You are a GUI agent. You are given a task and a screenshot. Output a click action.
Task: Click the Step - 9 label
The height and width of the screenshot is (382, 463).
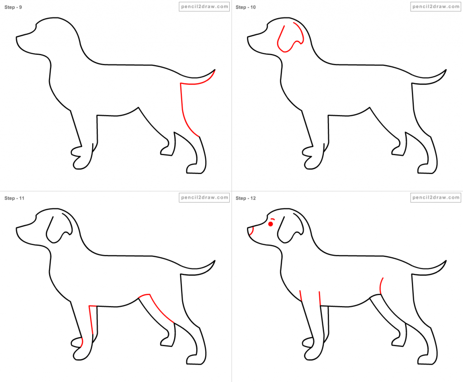(13, 7)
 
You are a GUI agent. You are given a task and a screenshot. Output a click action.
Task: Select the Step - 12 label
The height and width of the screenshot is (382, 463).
(246, 198)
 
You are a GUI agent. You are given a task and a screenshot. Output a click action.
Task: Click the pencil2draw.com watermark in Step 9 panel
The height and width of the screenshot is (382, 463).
(204, 7)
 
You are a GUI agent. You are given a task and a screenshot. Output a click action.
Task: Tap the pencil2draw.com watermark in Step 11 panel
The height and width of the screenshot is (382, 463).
(204, 198)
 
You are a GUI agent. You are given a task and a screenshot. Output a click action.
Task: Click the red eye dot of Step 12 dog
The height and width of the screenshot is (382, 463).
(270, 224)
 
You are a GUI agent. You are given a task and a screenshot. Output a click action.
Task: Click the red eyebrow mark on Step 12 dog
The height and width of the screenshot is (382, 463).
(273, 219)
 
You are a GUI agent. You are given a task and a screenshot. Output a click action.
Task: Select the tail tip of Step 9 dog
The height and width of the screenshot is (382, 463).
(214, 71)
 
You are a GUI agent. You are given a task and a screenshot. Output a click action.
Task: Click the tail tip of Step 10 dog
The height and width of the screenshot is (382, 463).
(446, 71)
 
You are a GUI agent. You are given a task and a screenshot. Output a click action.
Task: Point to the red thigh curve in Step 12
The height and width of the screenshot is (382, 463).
(381, 286)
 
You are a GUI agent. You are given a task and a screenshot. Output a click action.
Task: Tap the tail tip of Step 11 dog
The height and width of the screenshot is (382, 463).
(214, 261)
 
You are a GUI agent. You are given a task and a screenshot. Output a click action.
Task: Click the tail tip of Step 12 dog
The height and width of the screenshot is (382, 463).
(446, 261)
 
